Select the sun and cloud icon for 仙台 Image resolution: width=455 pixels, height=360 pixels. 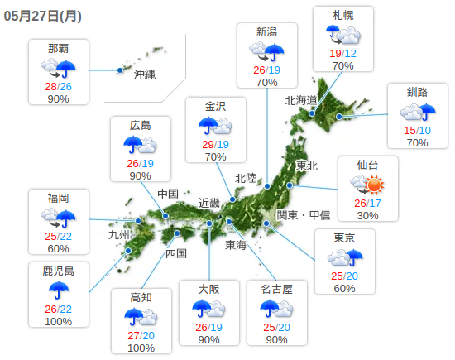(x=367, y=185)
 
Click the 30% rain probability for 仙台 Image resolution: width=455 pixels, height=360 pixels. (x=367, y=215)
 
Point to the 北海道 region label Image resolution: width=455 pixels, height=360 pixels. (x=302, y=100)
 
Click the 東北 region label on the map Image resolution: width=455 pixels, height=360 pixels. (x=306, y=166)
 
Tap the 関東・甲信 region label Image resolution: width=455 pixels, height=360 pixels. (x=303, y=215)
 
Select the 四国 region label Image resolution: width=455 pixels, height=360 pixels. (x=176, y=253)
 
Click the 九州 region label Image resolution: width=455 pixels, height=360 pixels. (x=120, y=234)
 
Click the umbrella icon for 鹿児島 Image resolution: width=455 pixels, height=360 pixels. (x=58, y=290)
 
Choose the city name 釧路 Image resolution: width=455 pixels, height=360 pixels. (x=418, y=91)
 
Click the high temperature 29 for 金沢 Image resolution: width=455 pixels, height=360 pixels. (x=208, y=145)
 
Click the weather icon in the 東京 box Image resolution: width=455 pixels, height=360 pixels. (x=344, y=258)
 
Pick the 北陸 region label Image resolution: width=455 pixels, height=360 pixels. (x=246, y=178)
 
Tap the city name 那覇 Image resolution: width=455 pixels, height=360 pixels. (x=58, y=46)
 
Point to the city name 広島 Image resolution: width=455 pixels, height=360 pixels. (x=141, y=126)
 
